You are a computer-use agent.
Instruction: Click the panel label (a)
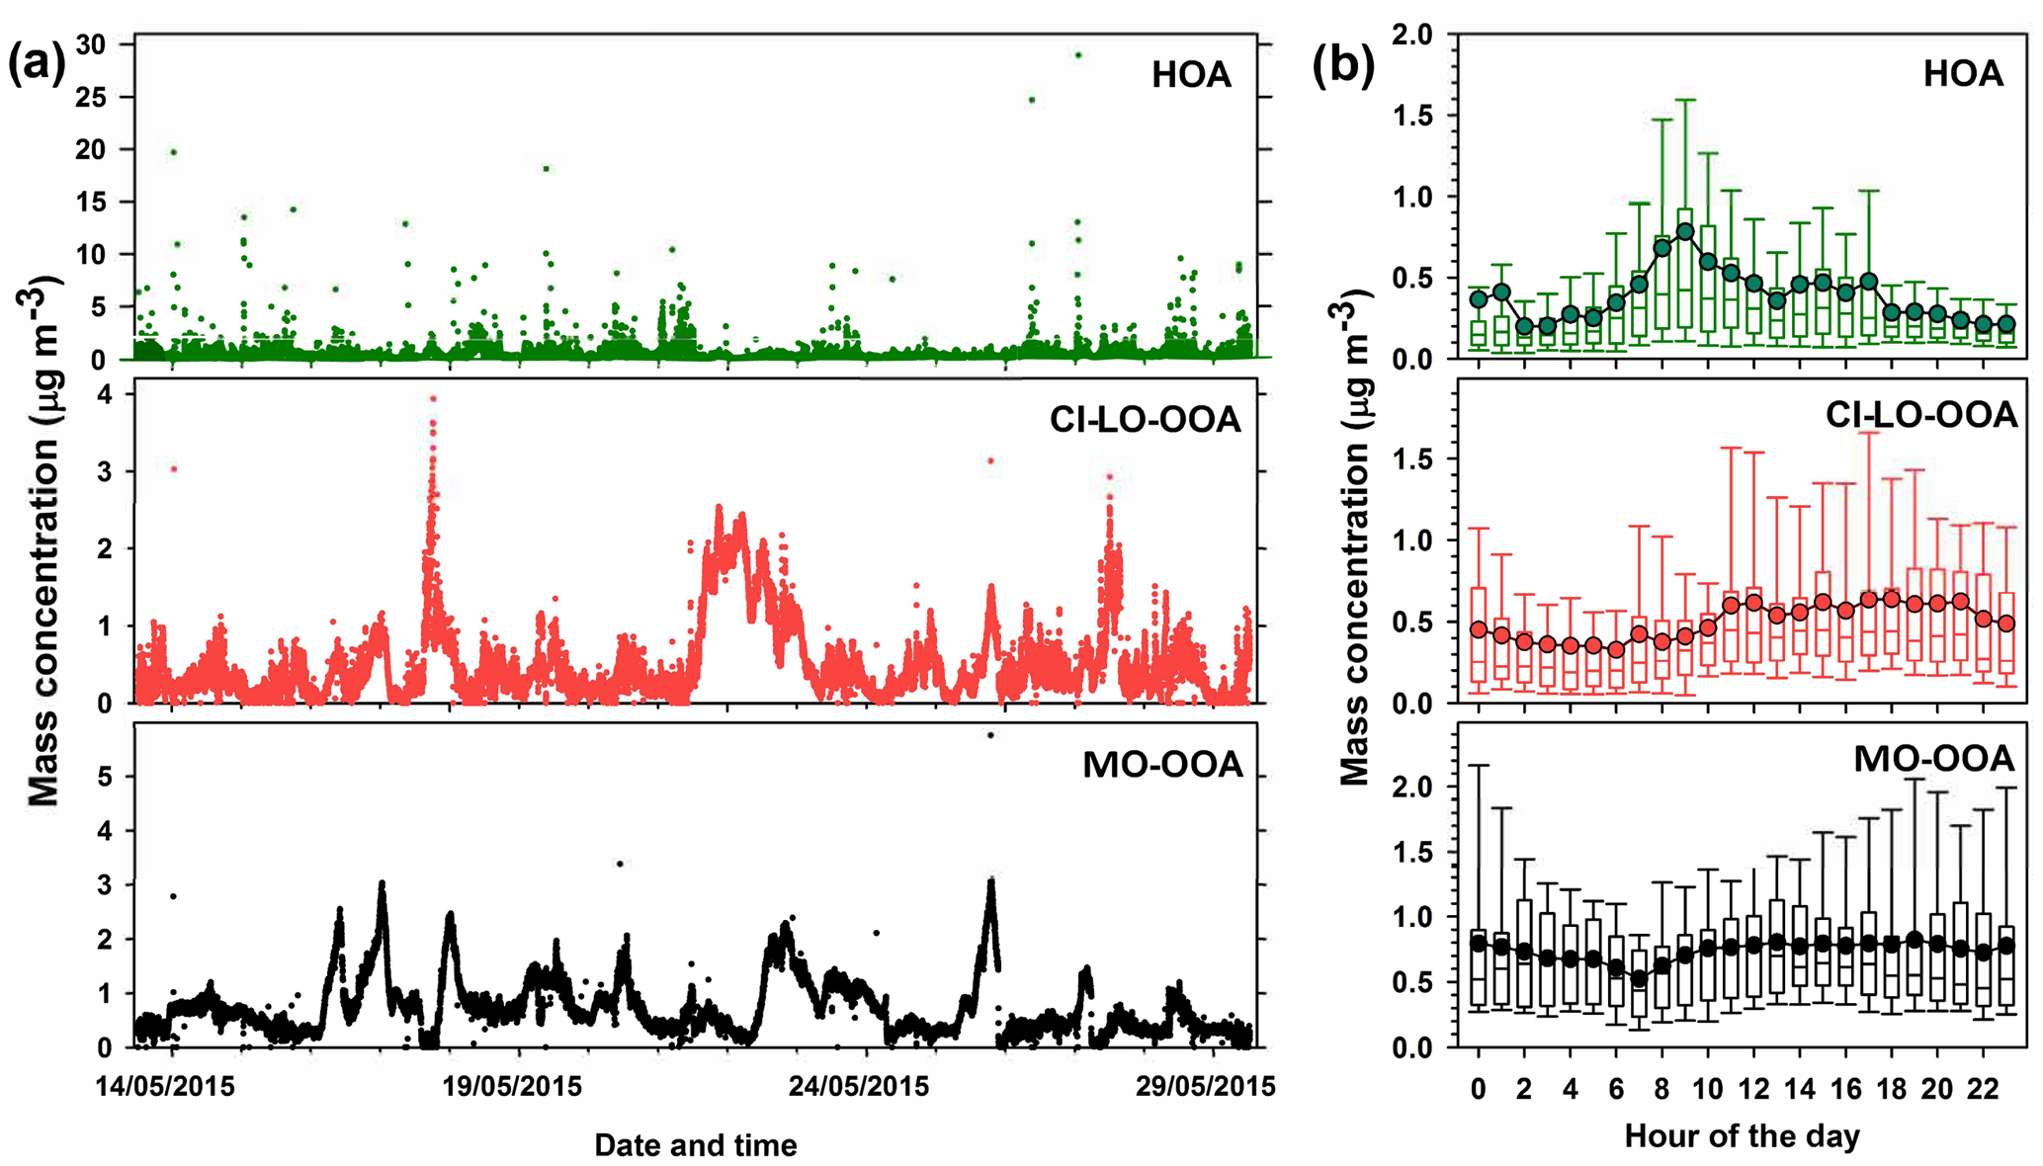click(37, 65)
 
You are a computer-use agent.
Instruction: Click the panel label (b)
click(1342, 65)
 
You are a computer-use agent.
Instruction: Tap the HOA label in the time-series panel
click(1191, 75)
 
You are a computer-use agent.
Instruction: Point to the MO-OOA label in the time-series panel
click(1162, 765)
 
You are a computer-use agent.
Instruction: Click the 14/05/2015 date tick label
click(165, 1087)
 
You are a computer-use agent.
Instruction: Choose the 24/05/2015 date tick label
click(859, 1087)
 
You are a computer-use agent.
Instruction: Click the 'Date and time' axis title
click(696, 1145)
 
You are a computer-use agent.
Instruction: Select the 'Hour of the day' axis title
click(1742, 1136)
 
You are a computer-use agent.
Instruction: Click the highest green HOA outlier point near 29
click(1078, 55)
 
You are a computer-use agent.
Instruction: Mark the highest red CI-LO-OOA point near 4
click(432, 399)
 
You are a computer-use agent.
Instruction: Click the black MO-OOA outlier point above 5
click(990, 735)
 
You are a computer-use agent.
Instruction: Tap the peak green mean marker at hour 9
click(1685, 232)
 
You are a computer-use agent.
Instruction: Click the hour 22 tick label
click(1983, 1089)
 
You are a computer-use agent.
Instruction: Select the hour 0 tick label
click(1479, 1089)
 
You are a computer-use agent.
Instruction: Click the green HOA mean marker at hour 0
click(1479, 299)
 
